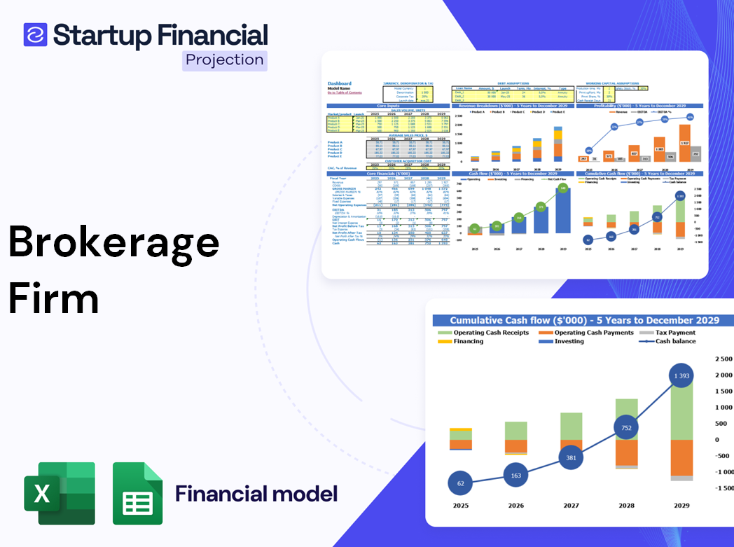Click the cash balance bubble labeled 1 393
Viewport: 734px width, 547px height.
tap(681, 377)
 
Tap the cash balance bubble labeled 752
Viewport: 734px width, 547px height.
tap(625, 428)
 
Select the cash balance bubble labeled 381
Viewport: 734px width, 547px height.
tap(571, 457)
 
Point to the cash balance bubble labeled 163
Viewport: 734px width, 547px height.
tap(515, 476)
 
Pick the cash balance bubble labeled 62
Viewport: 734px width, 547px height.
tap(460, 483)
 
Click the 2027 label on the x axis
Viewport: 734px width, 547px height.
tap(571, 506)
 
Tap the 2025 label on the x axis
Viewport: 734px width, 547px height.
tap(460, 506)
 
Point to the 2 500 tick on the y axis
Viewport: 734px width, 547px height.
tap(722, 359)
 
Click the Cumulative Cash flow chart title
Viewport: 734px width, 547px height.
tap(584, 321)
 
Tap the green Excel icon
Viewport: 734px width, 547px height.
tap(60, 494)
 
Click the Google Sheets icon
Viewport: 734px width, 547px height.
tap(137, 494)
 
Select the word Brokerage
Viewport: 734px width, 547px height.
tap(113, 243)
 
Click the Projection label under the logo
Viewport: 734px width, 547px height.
tap(224, 60)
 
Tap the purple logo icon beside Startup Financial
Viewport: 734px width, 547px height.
tap(35, 34)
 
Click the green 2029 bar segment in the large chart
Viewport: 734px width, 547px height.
tap(681, 410)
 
